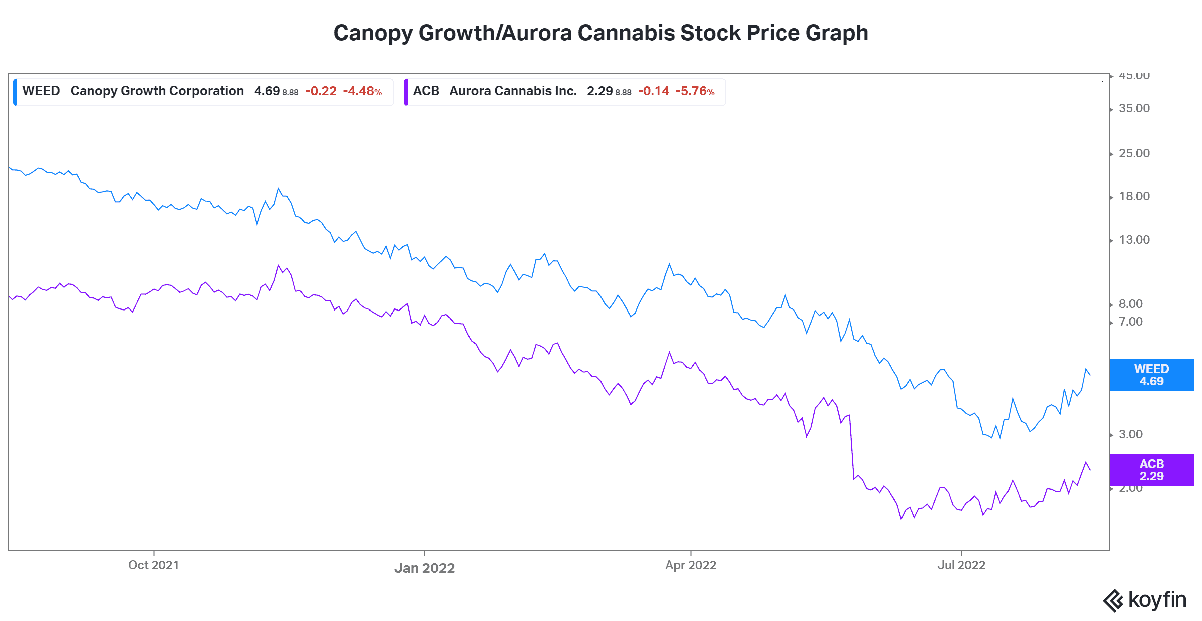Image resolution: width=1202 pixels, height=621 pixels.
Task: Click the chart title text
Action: tap(600, 33)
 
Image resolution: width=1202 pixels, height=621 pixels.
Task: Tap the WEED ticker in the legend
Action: tap(41, 91)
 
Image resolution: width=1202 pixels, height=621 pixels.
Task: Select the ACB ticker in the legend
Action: tap(426, 91)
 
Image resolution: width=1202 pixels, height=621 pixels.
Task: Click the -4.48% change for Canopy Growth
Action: tap(362, 91)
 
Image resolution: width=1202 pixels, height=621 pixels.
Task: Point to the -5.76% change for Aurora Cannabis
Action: tap(694, 91)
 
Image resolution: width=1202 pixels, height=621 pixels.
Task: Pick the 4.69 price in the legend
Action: tap(267, 91)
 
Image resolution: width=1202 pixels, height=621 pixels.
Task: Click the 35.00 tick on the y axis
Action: tap(1134, 108)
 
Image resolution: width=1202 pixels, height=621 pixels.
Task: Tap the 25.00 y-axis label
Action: tap(1134, 153)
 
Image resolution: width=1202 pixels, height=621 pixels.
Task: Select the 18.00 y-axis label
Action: tap(1134, 196)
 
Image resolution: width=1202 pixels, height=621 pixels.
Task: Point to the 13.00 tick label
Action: tap(1134, 240)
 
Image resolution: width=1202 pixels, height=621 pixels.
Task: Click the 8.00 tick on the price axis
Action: tap(1130, 304)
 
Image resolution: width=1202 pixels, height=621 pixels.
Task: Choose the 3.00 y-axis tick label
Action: tap(1130, 434)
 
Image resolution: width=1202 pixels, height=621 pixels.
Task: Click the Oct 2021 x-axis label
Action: tap(153, 565)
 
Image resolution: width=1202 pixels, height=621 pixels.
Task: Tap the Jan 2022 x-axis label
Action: tap(424, 568)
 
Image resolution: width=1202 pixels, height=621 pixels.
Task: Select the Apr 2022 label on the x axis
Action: tap(690, 565)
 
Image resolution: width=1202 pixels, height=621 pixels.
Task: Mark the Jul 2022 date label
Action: tap(961, 565)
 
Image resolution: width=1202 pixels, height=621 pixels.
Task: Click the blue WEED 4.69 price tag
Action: tap(1151, 375)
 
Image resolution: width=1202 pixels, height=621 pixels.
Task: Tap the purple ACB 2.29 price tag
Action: tap(1151, 470)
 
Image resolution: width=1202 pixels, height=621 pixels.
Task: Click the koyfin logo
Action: tap(1145, 600)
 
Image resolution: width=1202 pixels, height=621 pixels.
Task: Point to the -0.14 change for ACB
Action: tap(653, 91)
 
